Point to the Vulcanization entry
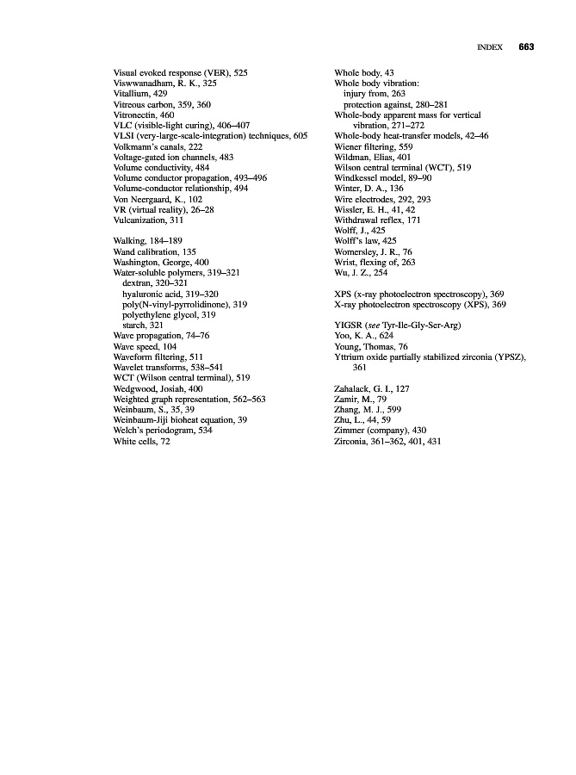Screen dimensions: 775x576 click(148, 220)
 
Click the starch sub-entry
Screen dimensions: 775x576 click(143, 325)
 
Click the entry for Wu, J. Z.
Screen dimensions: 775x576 click(361, 272)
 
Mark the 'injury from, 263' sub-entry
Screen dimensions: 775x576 click(374, 93)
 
